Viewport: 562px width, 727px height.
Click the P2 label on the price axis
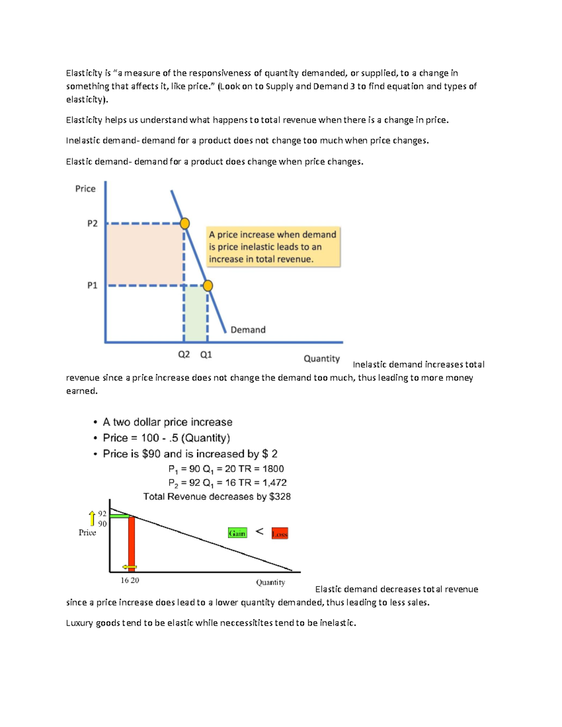(92, 223)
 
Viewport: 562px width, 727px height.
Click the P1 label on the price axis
(92, 285)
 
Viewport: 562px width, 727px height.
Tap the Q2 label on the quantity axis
(184, 354)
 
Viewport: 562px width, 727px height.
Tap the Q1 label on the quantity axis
(206, 355)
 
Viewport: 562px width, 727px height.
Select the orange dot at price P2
(185, 223)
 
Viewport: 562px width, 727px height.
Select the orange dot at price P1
(208, 286)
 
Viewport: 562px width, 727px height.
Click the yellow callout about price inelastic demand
(273, 247)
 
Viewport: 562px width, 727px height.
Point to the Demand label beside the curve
(248, 330)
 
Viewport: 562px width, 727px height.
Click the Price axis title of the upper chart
(85, 189)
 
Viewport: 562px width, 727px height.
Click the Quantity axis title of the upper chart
(322, 359)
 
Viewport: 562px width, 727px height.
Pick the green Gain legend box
(237, 533)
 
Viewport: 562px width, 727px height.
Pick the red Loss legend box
(280, 534)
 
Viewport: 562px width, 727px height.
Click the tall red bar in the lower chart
(132, 543)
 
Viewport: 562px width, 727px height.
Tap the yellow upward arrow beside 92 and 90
(92, 518)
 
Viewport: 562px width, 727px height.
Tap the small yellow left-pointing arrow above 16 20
(129, 567)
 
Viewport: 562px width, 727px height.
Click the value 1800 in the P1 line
(273, 469)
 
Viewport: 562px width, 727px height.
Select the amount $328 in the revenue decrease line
(280, 497)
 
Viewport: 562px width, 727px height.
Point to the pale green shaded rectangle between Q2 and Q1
(196, 313)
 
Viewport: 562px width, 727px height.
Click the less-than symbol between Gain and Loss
(259, 532)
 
